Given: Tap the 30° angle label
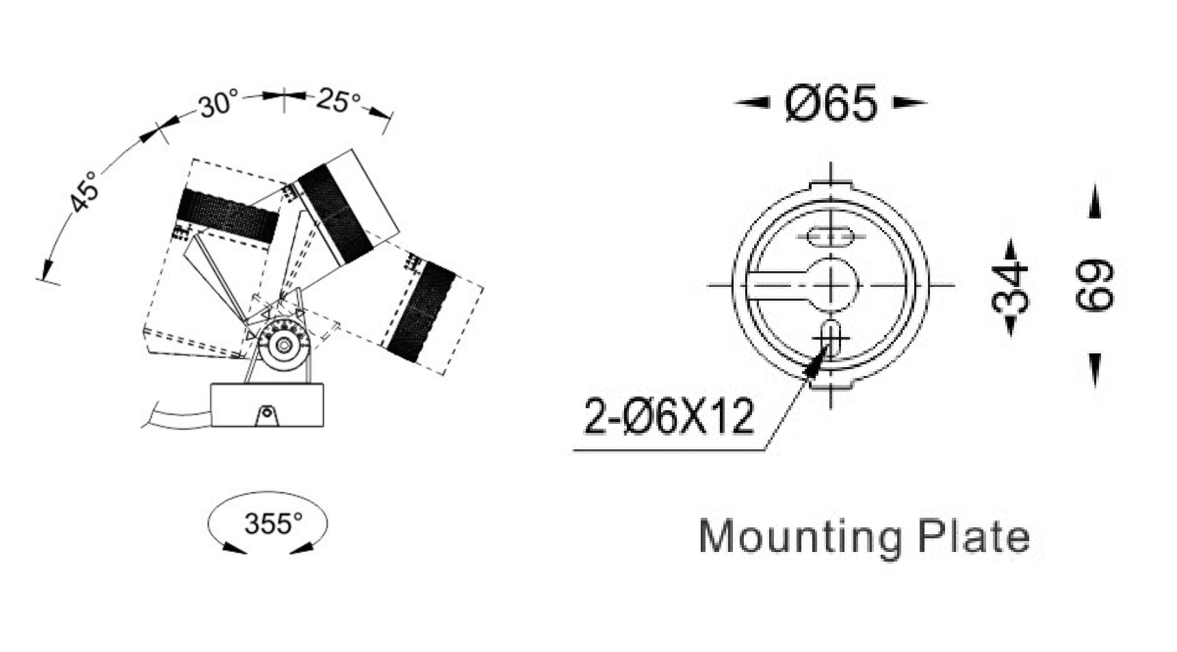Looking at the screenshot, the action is (x=218, y=105).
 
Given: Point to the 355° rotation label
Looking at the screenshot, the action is (x=273, y=524).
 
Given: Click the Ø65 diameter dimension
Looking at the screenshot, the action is (x=831, y=104).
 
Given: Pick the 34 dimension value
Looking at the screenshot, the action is (x=1011, y=288).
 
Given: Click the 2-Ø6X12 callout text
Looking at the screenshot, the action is (x=669, y=416).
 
